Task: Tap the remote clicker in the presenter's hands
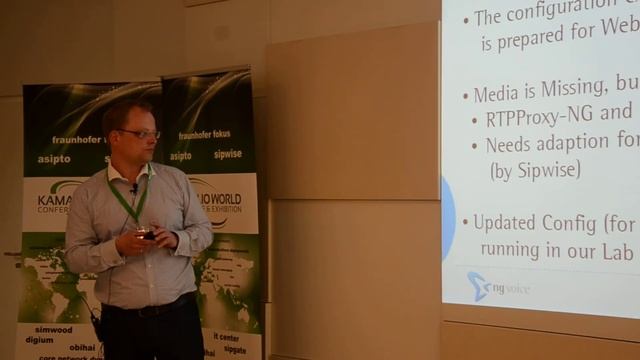[x=146, y=235]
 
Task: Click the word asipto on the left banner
[x=55, y=158]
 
